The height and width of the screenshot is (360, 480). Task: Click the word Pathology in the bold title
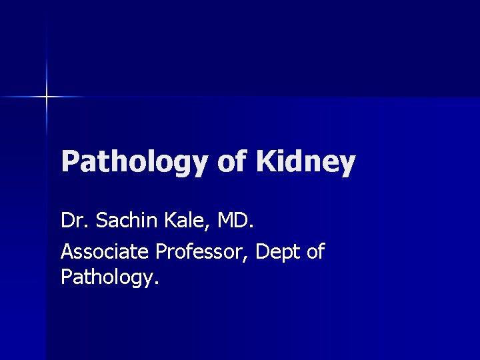tap(135, 163)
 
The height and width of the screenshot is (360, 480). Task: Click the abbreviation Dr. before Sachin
tap(75, 220)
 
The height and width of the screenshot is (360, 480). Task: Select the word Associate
tap(105, 252)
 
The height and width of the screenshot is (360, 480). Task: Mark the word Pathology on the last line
tap(107, 276)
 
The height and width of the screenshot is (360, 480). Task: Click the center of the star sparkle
tap(47, 97)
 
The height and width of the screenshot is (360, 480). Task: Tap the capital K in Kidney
tap(265, 162)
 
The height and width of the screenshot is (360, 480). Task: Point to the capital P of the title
tap(69, 162)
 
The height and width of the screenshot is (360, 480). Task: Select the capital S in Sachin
tap(102, 220)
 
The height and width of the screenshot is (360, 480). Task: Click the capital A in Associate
tap(67, 252)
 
